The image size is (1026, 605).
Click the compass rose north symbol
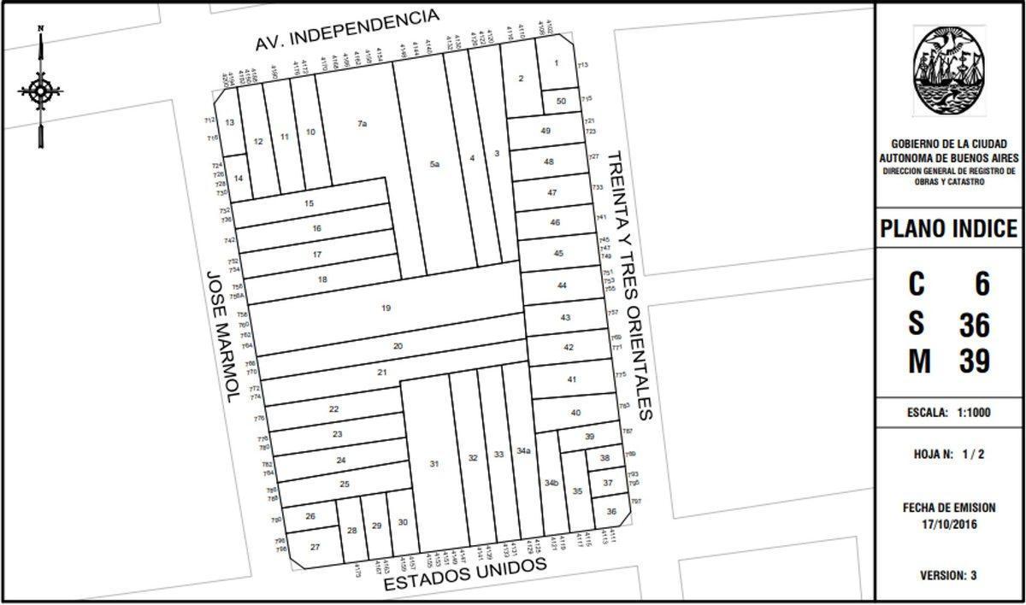coord(40,89)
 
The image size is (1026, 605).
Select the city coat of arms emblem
coord(948,70)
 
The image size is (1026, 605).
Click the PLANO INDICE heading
coord(949,229)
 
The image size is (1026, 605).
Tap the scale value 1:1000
coord(972,412)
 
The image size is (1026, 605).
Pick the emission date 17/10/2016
coord(949,523)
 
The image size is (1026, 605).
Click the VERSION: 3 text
coord(949,575)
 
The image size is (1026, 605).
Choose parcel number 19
coord(386,308)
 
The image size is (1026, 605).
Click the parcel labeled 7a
coord(362,124)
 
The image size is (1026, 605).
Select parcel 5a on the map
coord(434,164)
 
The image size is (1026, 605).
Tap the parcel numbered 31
coord(434,463)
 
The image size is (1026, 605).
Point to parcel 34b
coord(551,483)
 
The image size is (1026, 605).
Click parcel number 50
coord(561,101)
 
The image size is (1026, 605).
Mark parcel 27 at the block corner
coord(315,547)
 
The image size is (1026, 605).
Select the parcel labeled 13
coord(229,123)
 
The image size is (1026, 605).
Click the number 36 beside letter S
coord(973,325)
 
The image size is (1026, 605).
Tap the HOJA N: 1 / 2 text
coord(949,455)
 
